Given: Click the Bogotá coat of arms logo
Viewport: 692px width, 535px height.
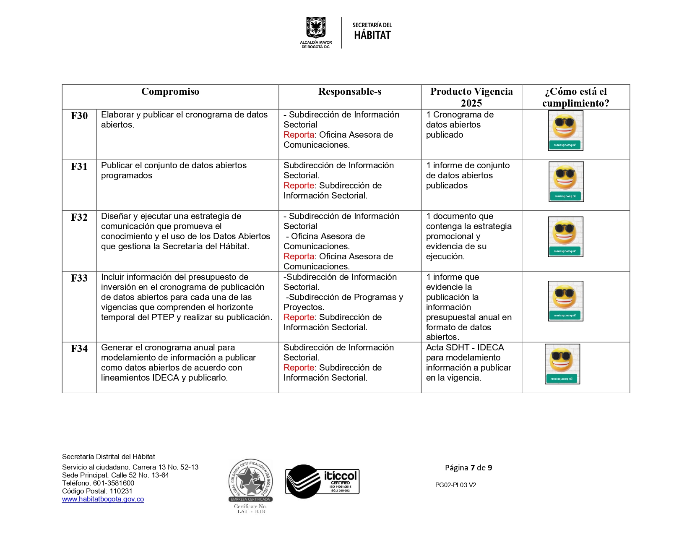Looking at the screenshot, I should [x=316, y=28].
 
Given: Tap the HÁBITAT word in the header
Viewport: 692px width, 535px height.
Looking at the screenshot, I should [x=372, y=35].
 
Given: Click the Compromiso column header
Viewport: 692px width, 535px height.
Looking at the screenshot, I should [x=170, y=92].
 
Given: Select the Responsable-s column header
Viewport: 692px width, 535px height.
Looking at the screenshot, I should [x=349, y=92].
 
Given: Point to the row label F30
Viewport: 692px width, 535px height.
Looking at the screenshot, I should [x=79, y=116].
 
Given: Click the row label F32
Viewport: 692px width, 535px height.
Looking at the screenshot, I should [x=79, y=218].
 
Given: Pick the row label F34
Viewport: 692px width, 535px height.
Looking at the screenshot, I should [x=79, y=349].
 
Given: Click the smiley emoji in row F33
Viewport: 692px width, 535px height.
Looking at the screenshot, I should [x=565, y=296].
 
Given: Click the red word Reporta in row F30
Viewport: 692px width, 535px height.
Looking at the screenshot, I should [x=299, y=135].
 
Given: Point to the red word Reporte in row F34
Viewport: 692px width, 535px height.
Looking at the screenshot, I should [x=299, y=368].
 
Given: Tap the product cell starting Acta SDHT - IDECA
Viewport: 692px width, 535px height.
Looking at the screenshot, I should [x=468, y=363].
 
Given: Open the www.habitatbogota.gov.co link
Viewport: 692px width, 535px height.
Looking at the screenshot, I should [x=103, y=499].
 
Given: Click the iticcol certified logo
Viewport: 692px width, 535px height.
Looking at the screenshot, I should [x=322, y=481].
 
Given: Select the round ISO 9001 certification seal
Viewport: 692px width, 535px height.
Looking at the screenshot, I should [x=250, y=480].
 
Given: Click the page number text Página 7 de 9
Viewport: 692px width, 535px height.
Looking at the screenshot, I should [x=468, y=468].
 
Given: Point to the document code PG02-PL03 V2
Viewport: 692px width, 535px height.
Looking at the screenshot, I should [x=455, y=485].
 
